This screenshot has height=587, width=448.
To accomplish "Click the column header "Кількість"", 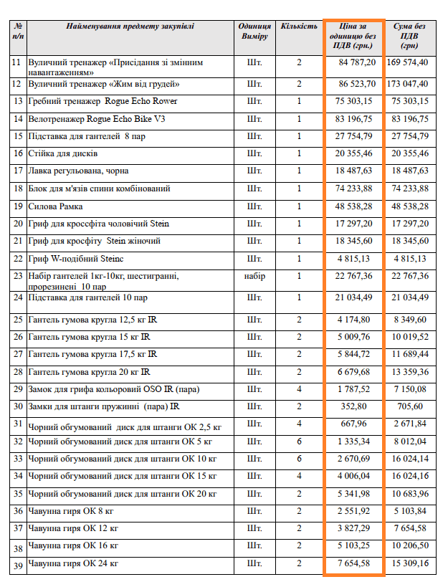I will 298,26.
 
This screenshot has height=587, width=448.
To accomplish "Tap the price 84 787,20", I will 356,62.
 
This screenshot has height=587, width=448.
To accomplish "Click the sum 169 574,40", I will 408,62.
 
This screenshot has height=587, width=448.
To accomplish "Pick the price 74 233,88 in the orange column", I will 356,188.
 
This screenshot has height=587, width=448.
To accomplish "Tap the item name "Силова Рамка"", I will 56,206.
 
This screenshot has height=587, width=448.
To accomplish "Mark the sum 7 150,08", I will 411,388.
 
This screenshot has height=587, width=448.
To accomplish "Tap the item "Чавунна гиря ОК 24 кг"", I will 73,564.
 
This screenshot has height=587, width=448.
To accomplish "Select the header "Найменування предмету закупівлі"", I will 130,26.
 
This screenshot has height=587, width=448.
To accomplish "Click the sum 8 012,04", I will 411,441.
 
